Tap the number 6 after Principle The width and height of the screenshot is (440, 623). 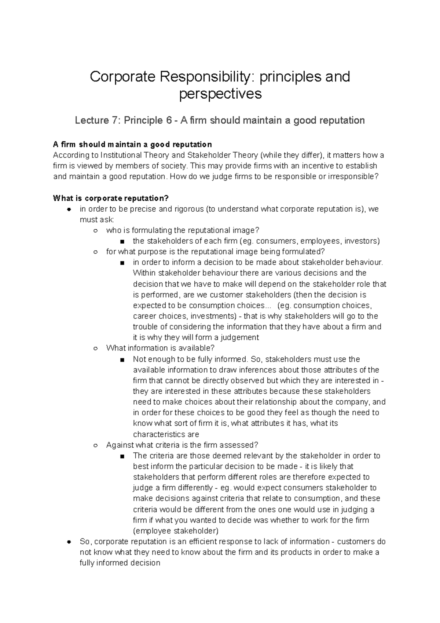[168, 120]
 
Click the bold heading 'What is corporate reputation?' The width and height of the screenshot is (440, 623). [111, 198]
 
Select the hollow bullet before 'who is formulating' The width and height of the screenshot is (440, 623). [95, 231]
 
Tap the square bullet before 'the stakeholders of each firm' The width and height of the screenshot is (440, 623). [122, 241]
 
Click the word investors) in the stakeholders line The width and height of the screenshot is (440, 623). [362, 241]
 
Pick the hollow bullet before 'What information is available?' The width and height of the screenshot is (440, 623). [95, 348]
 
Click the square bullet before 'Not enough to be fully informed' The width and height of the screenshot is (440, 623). [122, 359]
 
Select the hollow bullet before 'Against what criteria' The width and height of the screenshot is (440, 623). [95, 445]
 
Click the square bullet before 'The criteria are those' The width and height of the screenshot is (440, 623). [122, 456]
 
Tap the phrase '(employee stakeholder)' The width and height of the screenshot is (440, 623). [176, 531]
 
